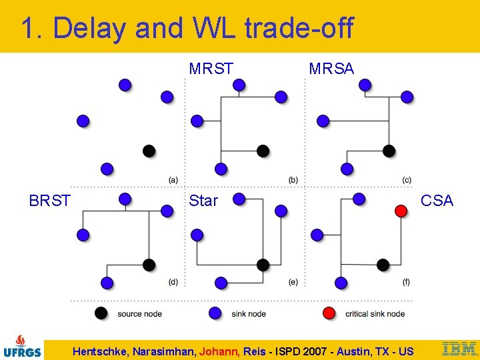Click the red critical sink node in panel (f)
(x=401, y=211)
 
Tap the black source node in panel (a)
(x=149, y=151)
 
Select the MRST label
(x=211, y=69)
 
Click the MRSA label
(x=331, y=69)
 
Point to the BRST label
(x=50, y=201)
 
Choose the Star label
(x=203, y=201)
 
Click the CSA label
(x=437, y=201)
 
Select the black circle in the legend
(x=101, y=313)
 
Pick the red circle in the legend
(x=329, y=313)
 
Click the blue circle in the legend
(x=215, y=313)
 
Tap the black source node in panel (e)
(x=263, y=265)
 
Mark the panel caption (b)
(x=293, y=180)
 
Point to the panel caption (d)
(x=173, y=282)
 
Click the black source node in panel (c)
(x=389, y=151)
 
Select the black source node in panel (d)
(x=149, y=265)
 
